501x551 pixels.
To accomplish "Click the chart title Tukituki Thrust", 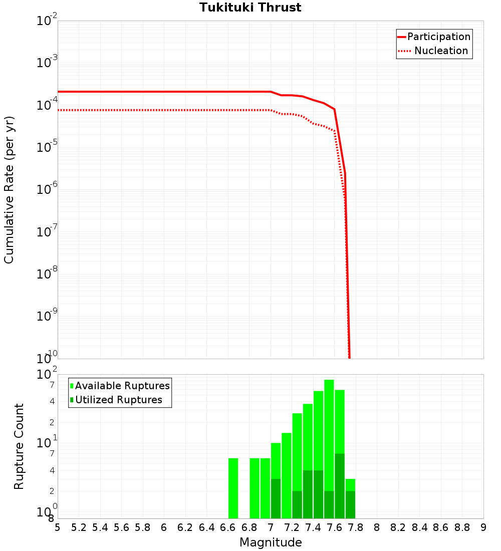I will point(250,8).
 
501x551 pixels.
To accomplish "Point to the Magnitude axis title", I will point(271,542).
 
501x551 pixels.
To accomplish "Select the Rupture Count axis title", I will point(19,446).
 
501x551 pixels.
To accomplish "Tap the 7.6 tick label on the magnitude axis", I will point(334,527).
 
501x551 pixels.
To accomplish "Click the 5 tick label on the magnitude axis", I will point(58,527).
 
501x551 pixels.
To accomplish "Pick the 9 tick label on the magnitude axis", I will point(483,527).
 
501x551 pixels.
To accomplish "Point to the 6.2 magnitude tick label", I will point(185,527).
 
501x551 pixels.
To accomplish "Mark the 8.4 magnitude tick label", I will point(419,527).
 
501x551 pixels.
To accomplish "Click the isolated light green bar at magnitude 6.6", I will point(233,488).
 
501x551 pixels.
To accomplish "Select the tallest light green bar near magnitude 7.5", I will point(329,441).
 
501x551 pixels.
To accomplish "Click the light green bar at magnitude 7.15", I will point(287,475).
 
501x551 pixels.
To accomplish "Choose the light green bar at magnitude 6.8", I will point(255,488).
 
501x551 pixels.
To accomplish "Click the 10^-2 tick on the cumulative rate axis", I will point(47,21).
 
